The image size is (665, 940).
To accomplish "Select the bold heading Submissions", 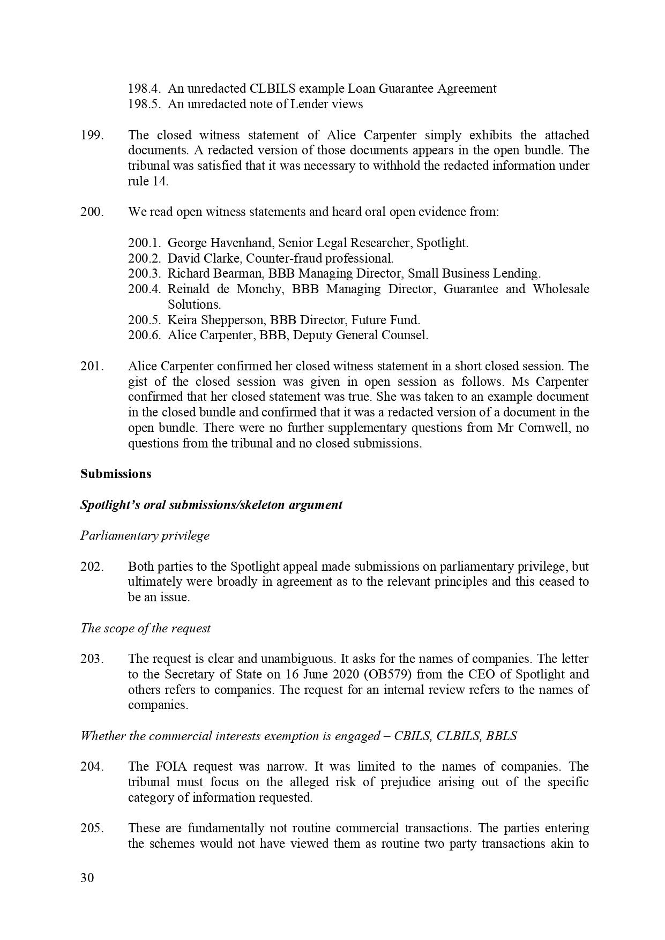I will pyautogui.click(x=116, y=474).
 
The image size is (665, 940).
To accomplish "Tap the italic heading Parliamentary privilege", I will pyautogui.click(x=145, y=535).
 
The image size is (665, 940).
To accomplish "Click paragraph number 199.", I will pyautogui.click(x=92, y=135).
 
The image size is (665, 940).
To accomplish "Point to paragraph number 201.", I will pyautogui.click(x=92, y=367).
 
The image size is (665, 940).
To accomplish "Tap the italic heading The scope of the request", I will pyautogui.click(x=146, y=628).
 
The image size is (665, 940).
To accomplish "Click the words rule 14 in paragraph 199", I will pyautogui.click(x=147, y=181).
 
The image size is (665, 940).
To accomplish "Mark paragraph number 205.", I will pyautogui.click(x=92, y=829).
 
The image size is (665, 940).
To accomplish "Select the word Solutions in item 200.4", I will pyautogui.click(x=194, y=304).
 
